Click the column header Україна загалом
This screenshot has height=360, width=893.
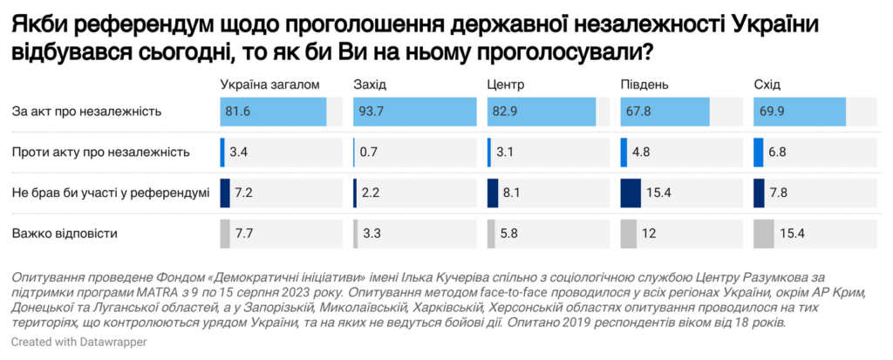[x=270, y=85]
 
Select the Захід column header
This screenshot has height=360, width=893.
[x=370, y=85]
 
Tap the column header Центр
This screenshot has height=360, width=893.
[x=506, y=85]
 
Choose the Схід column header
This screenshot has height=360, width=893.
[x=767, y=85]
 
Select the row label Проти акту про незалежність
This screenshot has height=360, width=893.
[x=101, y=153]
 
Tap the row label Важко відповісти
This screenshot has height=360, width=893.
[x=65, y=234]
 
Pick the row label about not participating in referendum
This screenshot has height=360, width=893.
[x=111, y=193]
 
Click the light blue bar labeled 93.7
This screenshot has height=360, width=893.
[x=415, y=112]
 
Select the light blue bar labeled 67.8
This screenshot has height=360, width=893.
[x=665, y=112]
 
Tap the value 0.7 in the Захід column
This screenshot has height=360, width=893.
[x=370, y=153]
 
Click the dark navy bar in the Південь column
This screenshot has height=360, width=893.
[x=630, y=193]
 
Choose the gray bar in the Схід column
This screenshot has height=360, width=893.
[x=763, y=234]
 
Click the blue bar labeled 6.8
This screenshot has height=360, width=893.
[x=758, y=153]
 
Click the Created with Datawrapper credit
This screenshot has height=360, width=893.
[x=78, y=343]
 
